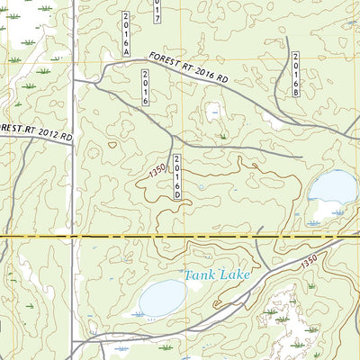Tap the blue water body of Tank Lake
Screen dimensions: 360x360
point(162,297)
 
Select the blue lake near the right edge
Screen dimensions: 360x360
point(332,189)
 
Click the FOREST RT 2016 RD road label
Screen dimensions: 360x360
point(190,68)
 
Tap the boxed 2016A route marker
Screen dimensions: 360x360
point(127,36)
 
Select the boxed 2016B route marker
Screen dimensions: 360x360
point(294,74)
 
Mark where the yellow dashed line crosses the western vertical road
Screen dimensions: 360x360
point(72,236)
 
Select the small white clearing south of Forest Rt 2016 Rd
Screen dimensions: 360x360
point(213,112)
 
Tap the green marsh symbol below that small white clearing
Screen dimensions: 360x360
point(222,136)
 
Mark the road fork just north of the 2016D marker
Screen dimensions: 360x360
point(173,139)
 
